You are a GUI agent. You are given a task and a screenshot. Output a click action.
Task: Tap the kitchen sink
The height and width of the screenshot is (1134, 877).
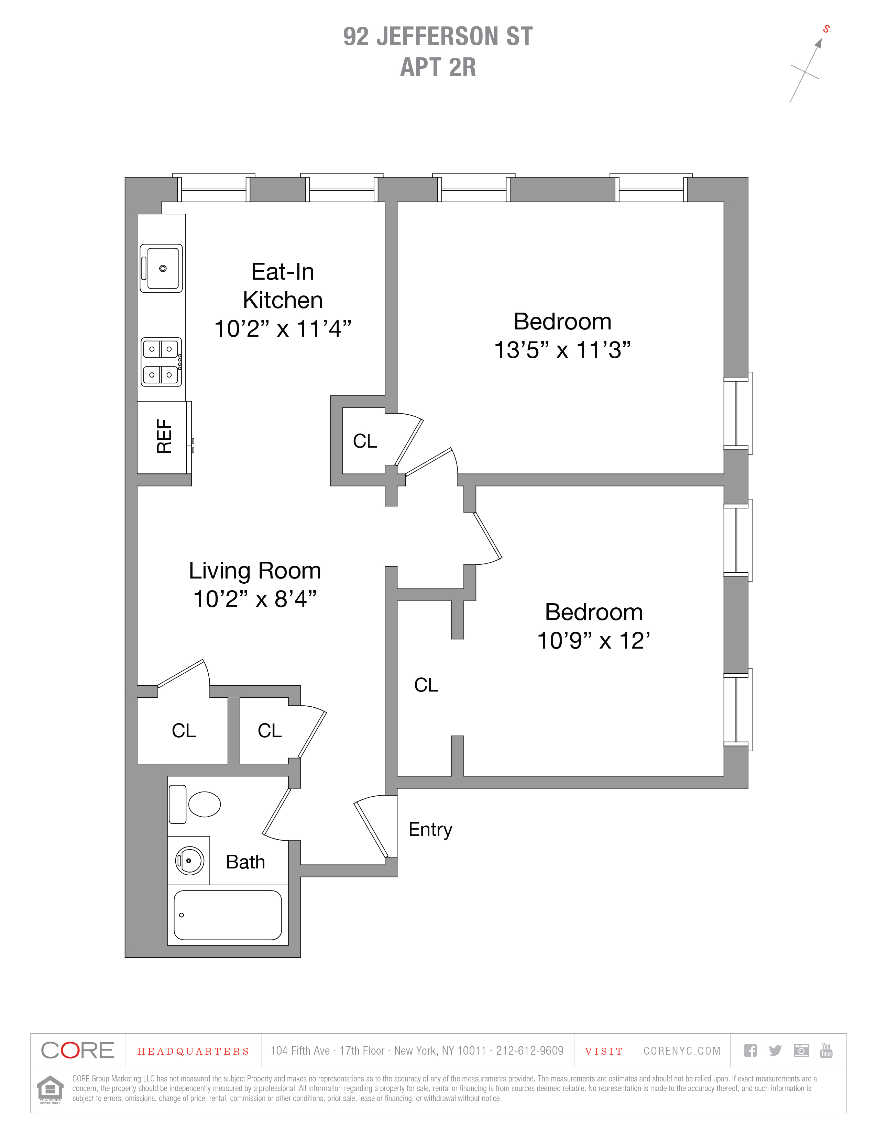click(162, 268)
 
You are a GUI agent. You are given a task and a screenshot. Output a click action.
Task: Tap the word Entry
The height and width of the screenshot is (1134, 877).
click(430, 829)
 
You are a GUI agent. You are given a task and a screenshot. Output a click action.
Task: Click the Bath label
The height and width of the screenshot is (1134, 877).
click(245, 862)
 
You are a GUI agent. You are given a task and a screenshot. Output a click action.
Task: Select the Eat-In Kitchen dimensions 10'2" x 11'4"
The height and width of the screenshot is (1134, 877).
click(283, 329)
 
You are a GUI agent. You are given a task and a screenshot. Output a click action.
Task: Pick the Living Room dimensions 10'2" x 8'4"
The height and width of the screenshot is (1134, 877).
click(255, 599)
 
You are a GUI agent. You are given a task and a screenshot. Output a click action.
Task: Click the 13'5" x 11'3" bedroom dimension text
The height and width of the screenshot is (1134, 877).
click(562, 350)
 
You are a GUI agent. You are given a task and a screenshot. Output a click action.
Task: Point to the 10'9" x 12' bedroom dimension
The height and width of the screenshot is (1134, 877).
click(593, 641)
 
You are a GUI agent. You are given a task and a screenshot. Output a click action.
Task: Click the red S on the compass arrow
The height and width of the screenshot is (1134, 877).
click(826, 29)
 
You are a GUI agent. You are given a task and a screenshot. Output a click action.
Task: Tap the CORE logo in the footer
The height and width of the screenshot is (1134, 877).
click(77, 1051)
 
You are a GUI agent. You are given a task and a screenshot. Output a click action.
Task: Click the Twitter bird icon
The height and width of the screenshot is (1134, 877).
click(775, 1051)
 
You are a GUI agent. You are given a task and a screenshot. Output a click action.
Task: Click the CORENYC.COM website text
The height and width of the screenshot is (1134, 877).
click(682, 1051)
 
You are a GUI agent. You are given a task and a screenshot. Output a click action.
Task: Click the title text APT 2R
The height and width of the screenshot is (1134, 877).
click(438, 67)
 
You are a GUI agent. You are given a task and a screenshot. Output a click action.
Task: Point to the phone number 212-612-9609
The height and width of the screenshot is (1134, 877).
click(529, 1051)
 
